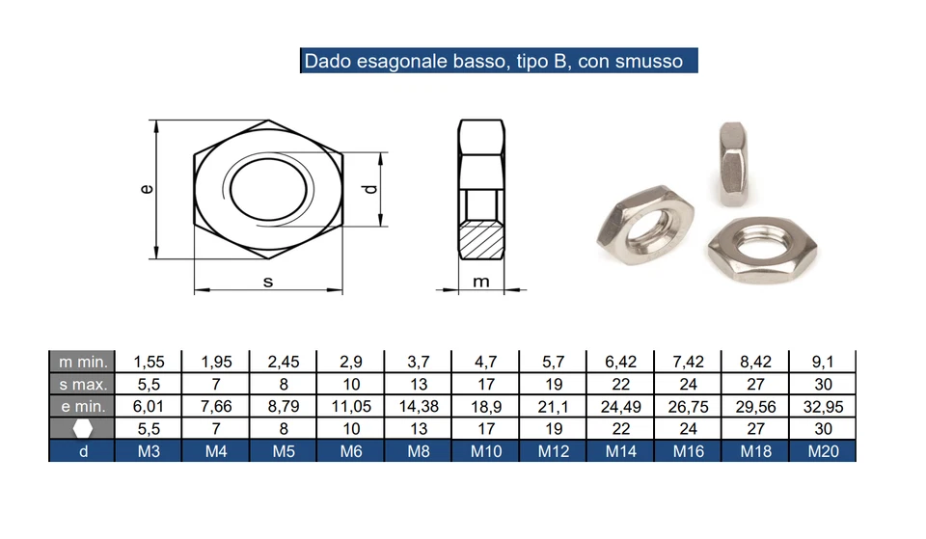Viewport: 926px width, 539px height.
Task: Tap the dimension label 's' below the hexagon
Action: click(268, 281)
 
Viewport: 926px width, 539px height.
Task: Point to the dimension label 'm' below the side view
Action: click(481, 281)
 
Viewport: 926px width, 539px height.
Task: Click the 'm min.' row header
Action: click(82, 363)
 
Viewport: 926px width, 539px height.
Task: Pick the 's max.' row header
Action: click(82, 385)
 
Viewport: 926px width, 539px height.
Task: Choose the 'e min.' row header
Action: click(82, 407)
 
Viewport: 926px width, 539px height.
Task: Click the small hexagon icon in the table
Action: click(83, 429)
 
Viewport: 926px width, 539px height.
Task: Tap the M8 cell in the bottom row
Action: click(419, 451)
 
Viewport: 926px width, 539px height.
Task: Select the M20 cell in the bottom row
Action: click(822, 451)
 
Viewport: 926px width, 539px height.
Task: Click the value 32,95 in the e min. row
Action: click(822, 407)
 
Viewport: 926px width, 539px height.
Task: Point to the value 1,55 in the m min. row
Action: click(149, 363)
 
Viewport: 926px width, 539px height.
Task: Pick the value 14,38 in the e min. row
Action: click(419, 407)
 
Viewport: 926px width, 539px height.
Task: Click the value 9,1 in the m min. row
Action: click(822, 363)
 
